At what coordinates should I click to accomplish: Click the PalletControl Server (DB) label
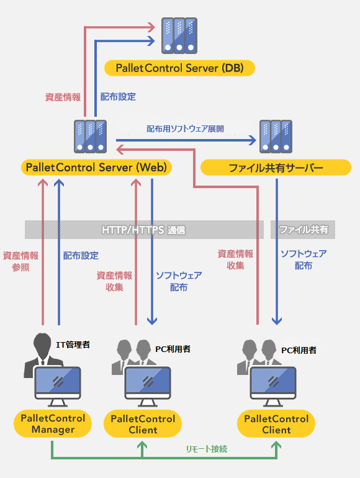click(179, 68)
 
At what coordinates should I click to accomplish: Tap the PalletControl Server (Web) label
click(96, 168)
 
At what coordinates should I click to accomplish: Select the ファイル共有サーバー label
click(276, 168)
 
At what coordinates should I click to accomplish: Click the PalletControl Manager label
click(53, 424)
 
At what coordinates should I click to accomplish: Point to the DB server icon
click(179, 35)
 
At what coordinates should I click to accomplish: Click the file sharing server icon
click(276, 137)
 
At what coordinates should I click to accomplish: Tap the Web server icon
click(90, 137)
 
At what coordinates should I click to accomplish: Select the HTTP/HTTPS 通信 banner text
click(143, 230)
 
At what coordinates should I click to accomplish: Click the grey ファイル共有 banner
click(303, 230)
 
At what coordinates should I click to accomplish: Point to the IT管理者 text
click(73, 345)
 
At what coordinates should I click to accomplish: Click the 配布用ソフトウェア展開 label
click(186, 129)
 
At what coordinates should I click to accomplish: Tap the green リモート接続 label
click(207, 449)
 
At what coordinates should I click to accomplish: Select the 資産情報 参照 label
click(20, 261)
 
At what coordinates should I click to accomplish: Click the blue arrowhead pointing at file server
click(253, 140)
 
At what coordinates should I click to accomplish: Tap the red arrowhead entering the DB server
click(151, 27)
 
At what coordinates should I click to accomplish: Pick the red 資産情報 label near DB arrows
click(63, 97)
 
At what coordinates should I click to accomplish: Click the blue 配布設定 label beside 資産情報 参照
click(81, 256)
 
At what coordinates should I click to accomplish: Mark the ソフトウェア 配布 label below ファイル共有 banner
click(304, 259)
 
